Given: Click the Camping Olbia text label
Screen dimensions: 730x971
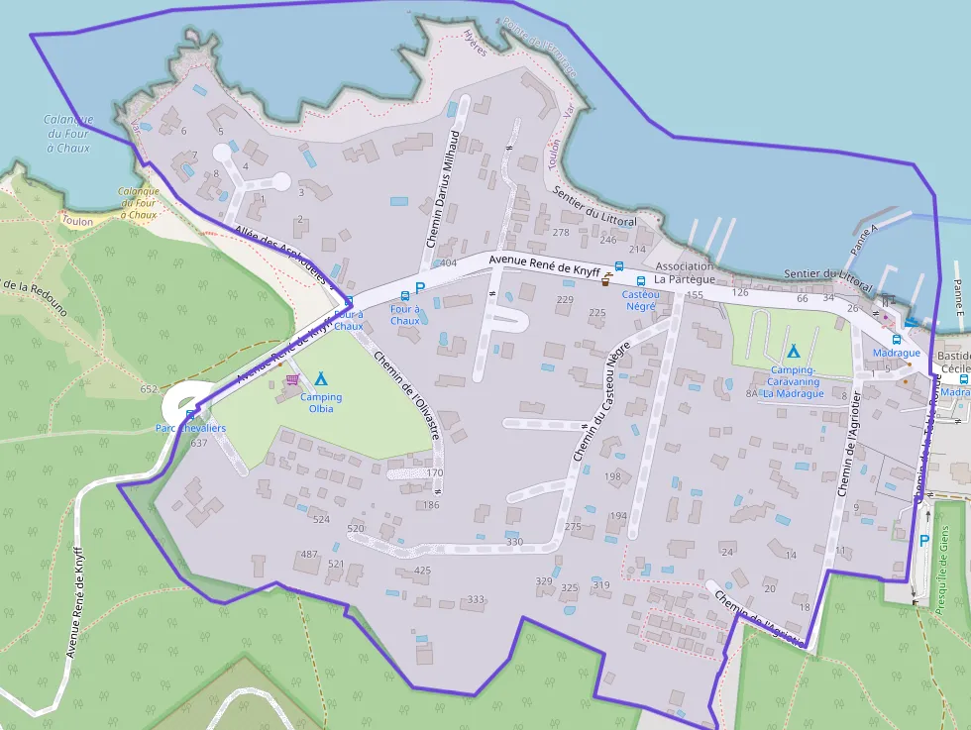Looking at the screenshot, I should pos(320,403).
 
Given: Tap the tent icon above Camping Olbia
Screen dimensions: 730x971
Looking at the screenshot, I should pos(320,378).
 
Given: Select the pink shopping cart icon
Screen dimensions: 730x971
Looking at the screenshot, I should pos(292,379).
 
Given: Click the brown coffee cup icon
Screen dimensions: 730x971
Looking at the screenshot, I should pos(605,280).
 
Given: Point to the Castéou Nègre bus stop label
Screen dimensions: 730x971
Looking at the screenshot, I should pos(641,300).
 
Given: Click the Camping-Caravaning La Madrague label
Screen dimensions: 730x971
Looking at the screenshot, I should pos(793,381).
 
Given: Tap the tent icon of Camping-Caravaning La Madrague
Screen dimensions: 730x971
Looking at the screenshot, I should pos(793,351).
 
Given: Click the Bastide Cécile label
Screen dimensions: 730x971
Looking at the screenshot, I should pos(953,362).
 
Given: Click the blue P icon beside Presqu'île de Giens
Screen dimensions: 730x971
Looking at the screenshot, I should pos(924,541).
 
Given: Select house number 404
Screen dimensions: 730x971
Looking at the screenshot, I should pos(448,262).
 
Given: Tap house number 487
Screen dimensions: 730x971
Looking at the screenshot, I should pos(309,554).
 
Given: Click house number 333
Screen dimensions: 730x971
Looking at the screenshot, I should pos(476,599).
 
